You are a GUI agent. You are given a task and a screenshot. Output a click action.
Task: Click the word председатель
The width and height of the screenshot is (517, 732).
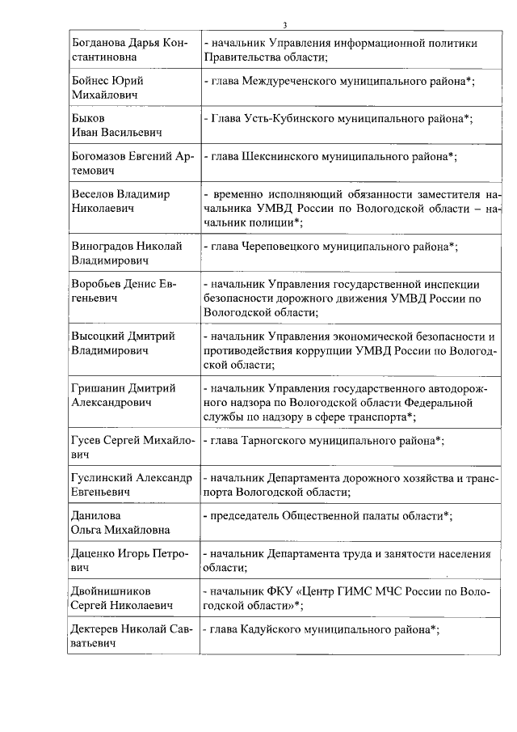tap(250, 515)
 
